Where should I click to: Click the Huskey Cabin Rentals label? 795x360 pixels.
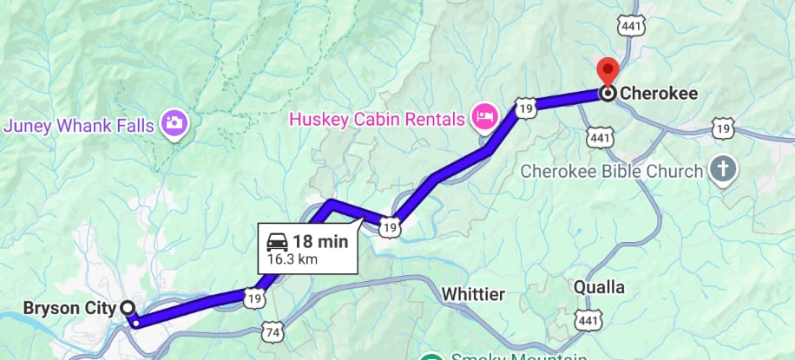377,115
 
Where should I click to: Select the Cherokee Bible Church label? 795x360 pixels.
611,171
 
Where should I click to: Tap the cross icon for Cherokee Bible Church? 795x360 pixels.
722,170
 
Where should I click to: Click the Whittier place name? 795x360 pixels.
472,294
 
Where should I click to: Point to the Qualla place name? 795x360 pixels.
600,286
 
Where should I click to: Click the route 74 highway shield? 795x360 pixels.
273,333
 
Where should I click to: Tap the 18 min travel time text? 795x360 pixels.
319,241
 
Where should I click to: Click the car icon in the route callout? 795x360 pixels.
279,241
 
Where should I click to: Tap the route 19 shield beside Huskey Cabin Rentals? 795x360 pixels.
522,108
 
